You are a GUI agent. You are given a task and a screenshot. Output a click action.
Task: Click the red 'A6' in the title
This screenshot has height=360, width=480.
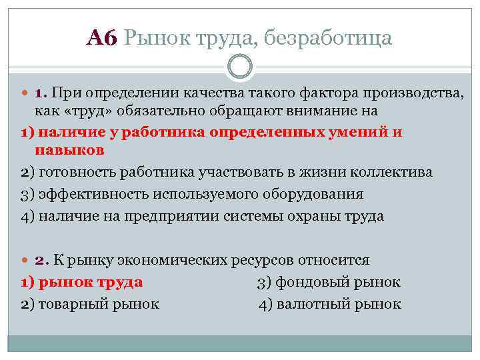coord(102,39)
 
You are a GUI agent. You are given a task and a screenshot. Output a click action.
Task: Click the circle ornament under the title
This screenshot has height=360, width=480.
coord(240,67)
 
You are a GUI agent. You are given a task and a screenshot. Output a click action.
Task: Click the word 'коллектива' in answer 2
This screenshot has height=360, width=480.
coord(399,172)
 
